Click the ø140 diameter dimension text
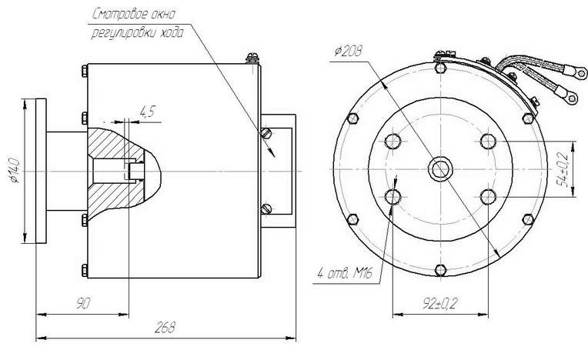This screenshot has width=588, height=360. pos(15,171)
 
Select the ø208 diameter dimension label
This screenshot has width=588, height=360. pos(349,51)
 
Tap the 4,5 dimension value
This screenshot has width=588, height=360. pos(147,112)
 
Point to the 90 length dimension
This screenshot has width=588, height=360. pos(83,303)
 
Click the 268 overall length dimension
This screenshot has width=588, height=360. pos(165,327)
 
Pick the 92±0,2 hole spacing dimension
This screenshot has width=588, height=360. pos(440,303)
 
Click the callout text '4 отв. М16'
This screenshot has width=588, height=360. pos(345,274)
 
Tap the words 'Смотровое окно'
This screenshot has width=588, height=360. pos(133,15)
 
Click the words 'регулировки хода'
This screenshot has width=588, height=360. pos(138,33)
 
